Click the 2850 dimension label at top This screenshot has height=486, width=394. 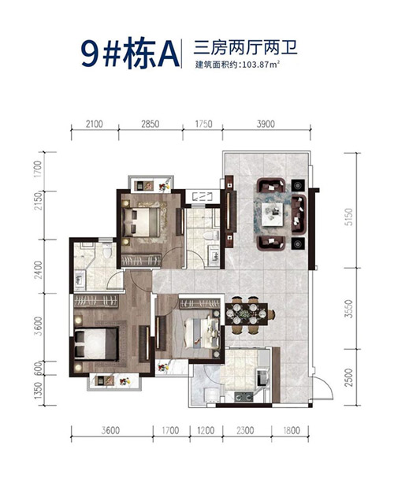[x=151, y=124]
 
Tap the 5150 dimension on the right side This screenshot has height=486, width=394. [x=349, y=217]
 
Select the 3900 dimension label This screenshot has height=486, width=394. [x=266, y=124]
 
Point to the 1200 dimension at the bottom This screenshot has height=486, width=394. [x=206, y=431]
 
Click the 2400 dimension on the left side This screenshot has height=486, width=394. [x=38, y=269]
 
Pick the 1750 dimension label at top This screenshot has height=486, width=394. [x=203, y=124]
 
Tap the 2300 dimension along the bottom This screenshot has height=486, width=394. [x=245, y=431]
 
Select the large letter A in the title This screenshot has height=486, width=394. [x=169, y=55]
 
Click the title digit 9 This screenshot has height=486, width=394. [x=90, y=54]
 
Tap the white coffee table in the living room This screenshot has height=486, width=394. [x=273, y=214]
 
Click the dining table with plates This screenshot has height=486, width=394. [x=247, y=313]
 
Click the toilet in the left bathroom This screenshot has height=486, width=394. [x=107, y=251]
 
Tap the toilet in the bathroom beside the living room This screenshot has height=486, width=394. [x=211, y=236]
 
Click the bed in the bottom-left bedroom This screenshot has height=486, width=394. [x=96, y=343]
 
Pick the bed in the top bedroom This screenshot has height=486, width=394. [x=143, y=222]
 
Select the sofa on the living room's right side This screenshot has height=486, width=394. [x=299, y=214]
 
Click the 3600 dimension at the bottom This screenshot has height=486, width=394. [x=110, y=431]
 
